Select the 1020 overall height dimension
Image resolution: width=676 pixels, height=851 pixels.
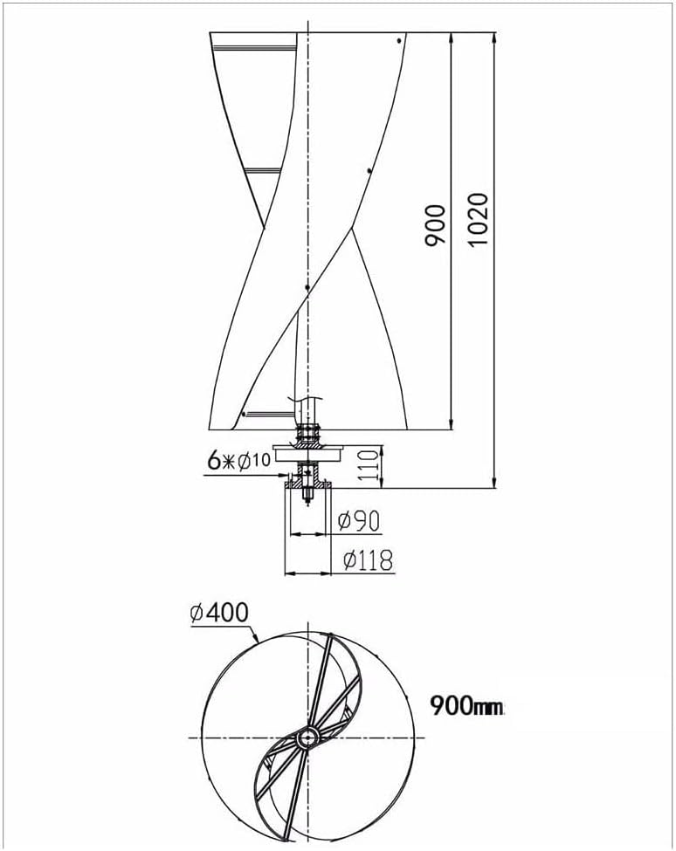(479, 219)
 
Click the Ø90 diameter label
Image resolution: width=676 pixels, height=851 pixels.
(358, 521)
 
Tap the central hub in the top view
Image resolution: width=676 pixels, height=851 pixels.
(306, 738)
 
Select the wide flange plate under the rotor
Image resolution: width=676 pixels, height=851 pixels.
(309, 451)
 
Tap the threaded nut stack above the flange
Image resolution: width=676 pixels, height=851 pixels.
(309, 432)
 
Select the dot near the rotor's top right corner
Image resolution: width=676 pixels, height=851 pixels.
(398, 40)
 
